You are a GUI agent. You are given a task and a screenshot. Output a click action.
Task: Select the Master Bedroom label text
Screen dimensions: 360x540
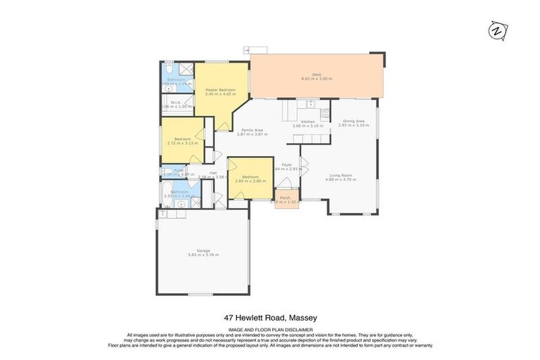tap(220, 90)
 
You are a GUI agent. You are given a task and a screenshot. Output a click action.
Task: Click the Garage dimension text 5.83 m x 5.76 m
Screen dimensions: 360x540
tap(203, 254)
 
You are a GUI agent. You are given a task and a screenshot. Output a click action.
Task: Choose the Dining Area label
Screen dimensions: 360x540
tap(353, 122)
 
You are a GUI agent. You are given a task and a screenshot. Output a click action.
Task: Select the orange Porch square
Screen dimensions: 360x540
tap(285, 199)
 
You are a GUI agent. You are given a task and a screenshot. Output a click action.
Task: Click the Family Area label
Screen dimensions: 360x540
tap(252, 130)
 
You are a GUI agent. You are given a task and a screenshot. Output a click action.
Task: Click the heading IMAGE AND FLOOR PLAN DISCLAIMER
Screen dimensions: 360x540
tap(270, 329)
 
